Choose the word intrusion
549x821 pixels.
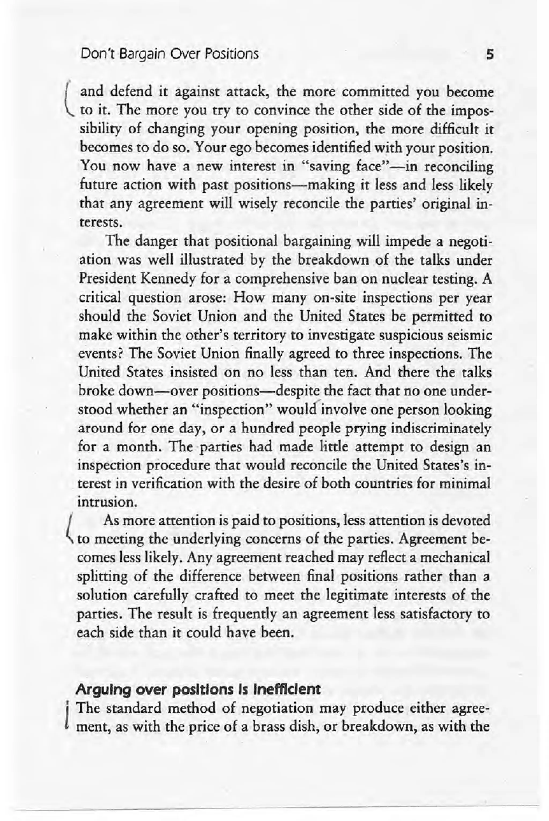click(106, 502)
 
